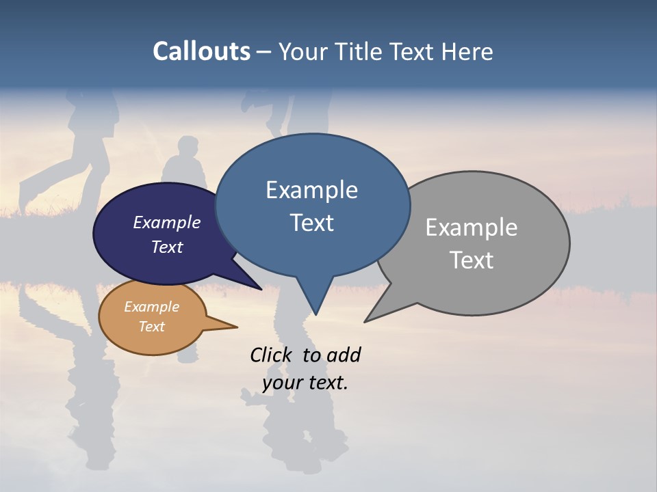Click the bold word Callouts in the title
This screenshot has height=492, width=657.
tap(201, 51)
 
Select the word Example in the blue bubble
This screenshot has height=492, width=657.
tap(311, 190)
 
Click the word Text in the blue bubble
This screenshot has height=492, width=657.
tap(311, 223)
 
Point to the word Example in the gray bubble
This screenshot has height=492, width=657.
tap(471, 228)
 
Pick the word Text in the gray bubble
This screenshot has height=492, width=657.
tap(472, 260)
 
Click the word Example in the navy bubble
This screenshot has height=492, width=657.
tap(166, 223)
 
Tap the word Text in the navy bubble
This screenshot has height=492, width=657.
tap(167, 247)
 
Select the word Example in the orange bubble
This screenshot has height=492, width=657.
tap(151, 307)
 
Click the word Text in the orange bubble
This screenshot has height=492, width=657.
tap(151, 327)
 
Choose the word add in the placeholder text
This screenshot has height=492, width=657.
tap(344, 355)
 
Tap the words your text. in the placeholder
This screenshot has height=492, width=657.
tap(305, 383)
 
